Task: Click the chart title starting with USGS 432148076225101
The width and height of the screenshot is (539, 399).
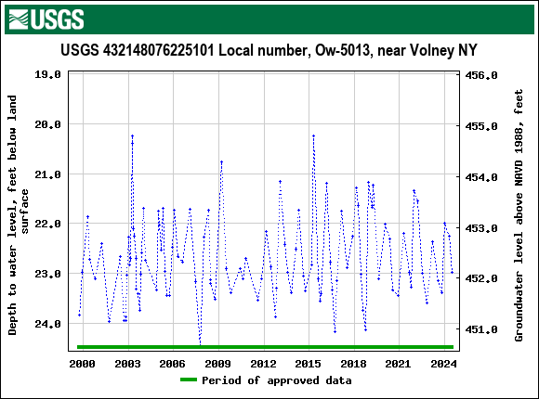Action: coord(269,50)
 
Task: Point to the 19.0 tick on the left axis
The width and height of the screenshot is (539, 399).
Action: coord(47,74)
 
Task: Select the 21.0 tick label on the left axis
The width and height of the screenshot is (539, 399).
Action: coord(47,174)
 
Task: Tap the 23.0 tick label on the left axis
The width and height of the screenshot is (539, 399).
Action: coord(47,275)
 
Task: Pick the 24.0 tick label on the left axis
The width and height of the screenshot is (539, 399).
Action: coord(47,325)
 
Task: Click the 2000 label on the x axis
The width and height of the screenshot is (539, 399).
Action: coord(82,363)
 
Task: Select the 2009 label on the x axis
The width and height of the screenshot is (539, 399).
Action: coord(217,363)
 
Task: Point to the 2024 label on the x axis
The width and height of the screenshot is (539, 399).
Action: coord(444,363)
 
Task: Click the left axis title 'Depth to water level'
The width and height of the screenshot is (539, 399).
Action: coord(20,213)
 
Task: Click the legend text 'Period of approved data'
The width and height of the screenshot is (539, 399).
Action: coord(277,380)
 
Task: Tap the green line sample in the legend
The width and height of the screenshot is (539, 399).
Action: coord(189,380)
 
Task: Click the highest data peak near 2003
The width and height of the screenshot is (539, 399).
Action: coord(132,136)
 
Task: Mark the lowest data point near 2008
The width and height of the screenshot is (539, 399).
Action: coord(200,343)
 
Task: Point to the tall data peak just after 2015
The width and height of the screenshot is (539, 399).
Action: coord(313,136)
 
